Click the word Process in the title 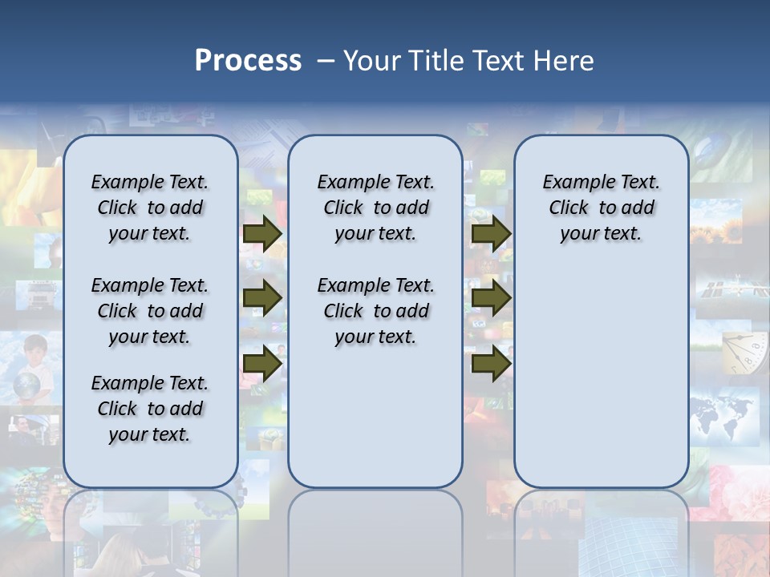click(x=248, y=61)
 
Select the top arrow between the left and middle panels click(x=262, y=233)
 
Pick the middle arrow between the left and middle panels click(x=262, y=298)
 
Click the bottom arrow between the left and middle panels click(x=262, y=363)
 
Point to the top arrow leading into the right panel click(x=491, y=233)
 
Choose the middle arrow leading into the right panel click(x=491, y=298)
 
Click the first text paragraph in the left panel click(x=150, y=208)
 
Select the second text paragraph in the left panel click(x=150, y=311)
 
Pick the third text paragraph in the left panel click(x=150, y=409)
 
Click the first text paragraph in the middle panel click(x=376, y=208)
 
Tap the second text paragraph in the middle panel click(x=376, y=311)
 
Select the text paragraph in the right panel click(x=602, y=208)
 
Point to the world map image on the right click(x=723, y=413)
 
